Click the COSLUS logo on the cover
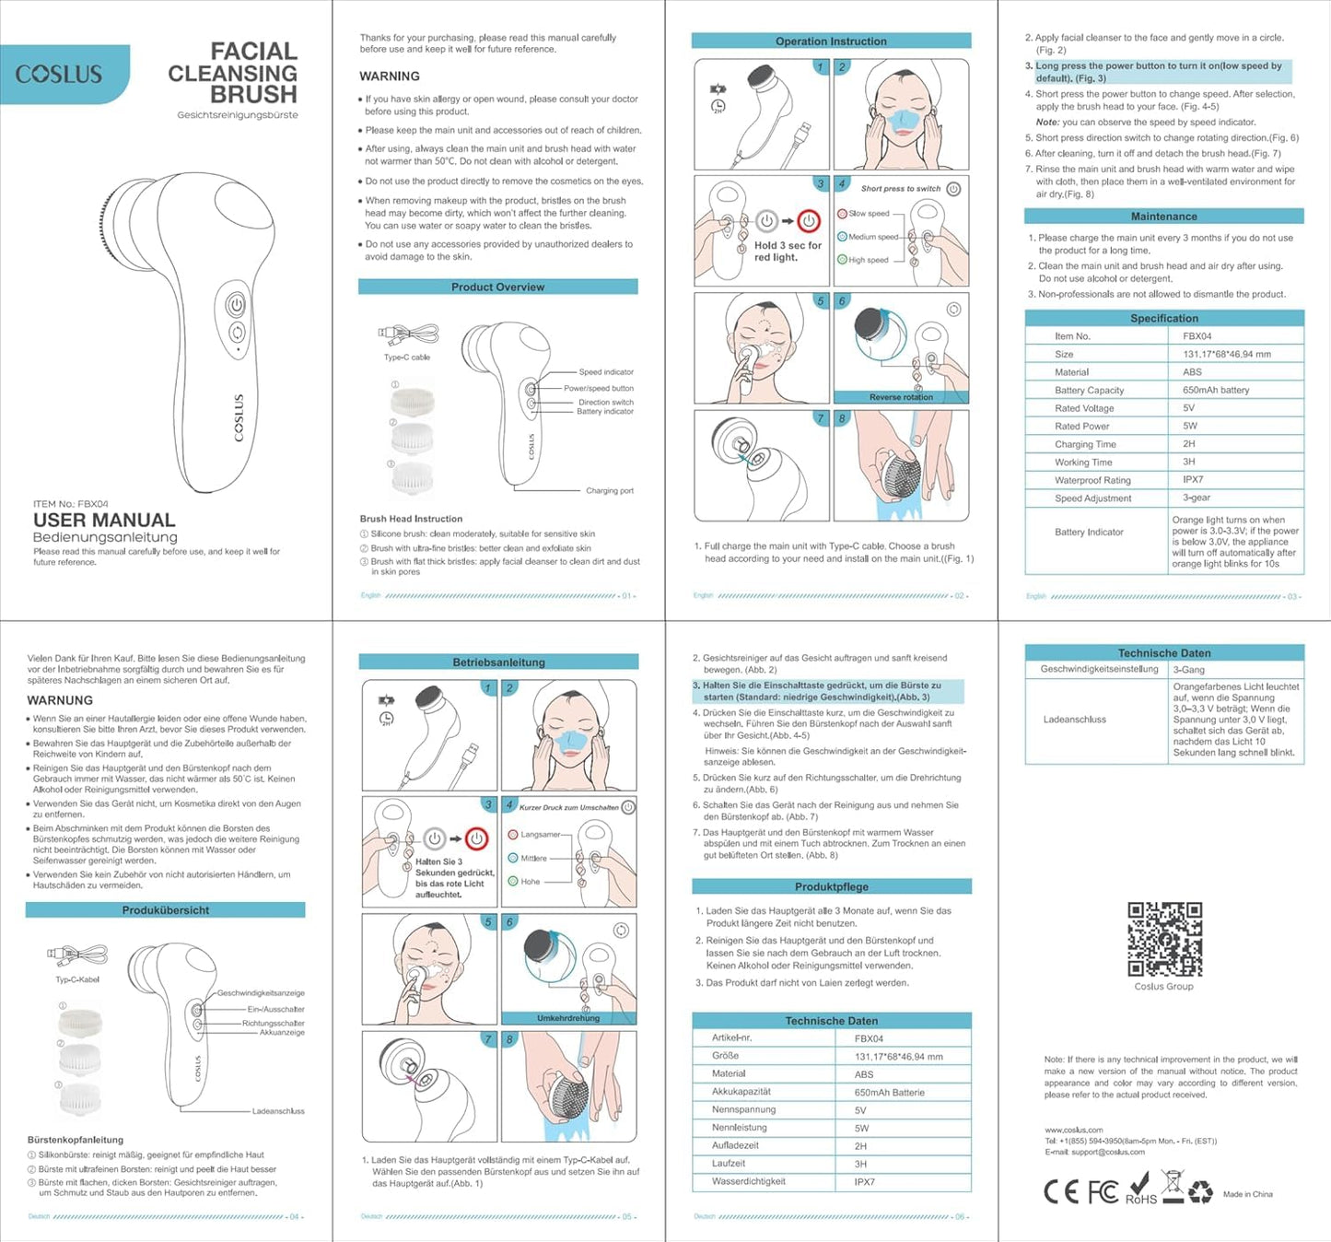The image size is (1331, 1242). pos(59,74)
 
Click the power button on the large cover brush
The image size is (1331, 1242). pos(237,304)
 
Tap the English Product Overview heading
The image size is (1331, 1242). pos(497,287)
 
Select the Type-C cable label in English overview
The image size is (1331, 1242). pos(406,357)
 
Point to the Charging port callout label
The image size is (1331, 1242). pos(609,491)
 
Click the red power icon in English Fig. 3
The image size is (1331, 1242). pos(809,221)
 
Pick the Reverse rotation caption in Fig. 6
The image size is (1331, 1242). pos(900,397)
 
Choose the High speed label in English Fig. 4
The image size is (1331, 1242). pos(868,260)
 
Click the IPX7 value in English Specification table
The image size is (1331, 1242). pos(1193,480)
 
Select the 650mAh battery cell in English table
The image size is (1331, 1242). pos(1216,390)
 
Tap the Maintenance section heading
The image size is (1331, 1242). pos(1163,217)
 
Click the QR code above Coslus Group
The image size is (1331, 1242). pos(1164,939)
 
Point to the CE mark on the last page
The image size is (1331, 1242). pos(1060,1192)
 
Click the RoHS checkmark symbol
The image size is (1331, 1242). pos(1140,1184)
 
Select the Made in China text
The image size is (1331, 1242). pos(1247,1194)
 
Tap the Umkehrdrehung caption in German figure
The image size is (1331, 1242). pos(568,1018)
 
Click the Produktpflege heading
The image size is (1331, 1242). pos(831,886)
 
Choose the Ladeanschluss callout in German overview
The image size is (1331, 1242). pos(278,1111)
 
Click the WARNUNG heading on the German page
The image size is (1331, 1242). pos(60,700)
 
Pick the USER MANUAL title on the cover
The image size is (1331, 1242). pos(104,521)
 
